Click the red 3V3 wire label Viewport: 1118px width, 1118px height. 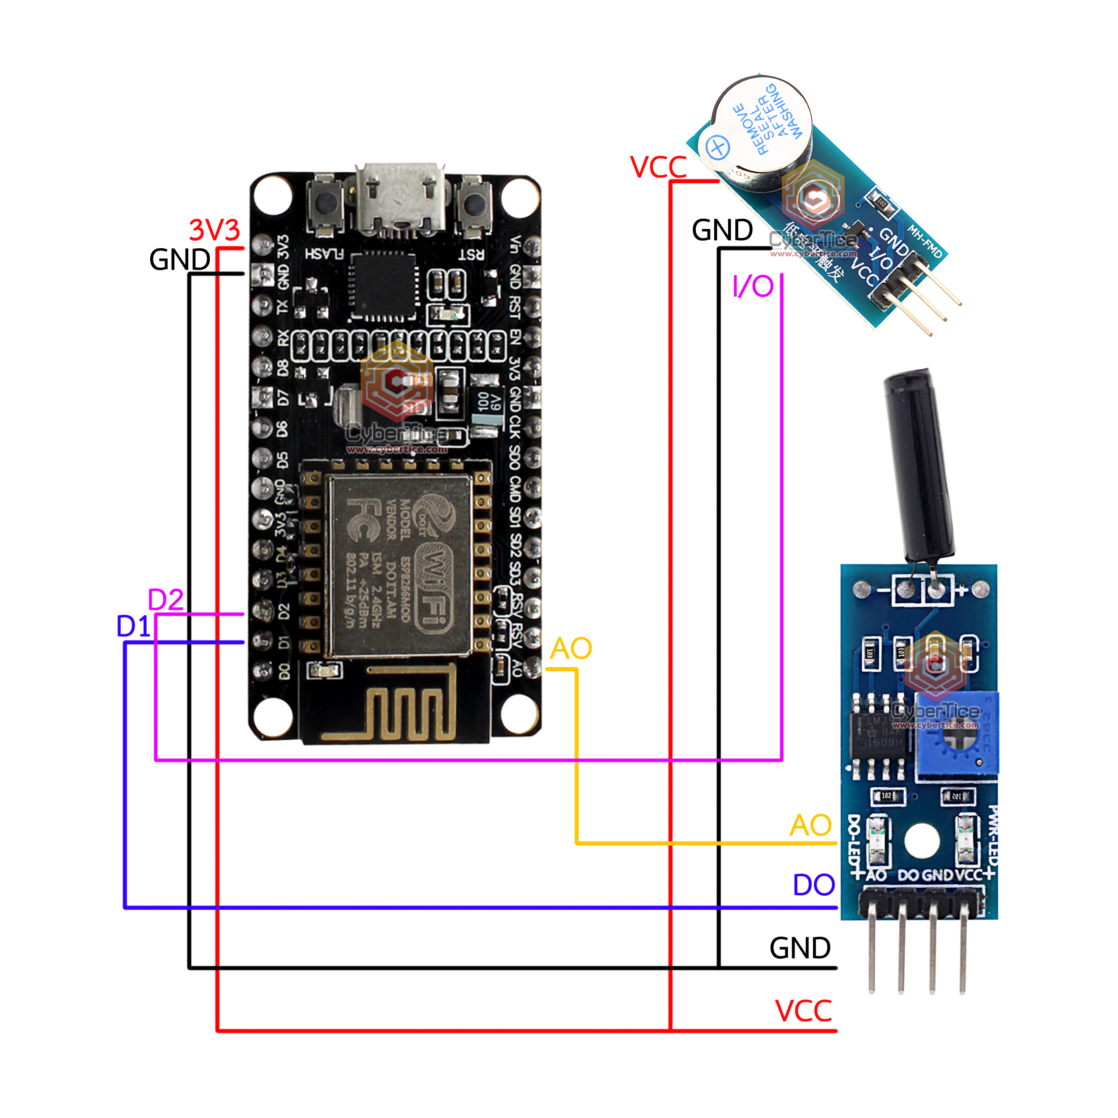tap(214, 230)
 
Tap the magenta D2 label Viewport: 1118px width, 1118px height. tap(165, 600)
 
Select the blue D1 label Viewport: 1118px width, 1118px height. tap(133, 626)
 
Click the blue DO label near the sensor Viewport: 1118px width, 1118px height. tap(813, 885)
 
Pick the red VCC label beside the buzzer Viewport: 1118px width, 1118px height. tap(658, 168)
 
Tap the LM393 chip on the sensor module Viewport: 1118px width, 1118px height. tap(877, 733)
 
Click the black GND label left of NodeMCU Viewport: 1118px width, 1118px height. tap(179, 259)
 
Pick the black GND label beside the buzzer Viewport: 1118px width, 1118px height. tap(722, 230)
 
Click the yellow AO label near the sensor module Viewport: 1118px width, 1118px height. tap(810, 825)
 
